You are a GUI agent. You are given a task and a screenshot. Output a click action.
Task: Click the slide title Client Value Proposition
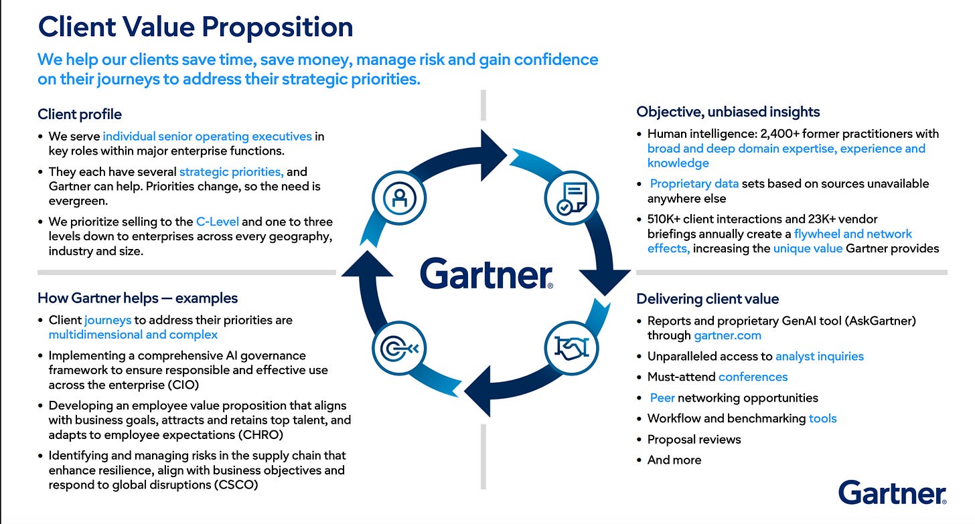[x=196, y=27]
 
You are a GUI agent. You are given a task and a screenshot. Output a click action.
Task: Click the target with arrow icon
[x=400, y=348]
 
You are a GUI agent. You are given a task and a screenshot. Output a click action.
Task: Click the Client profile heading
[x=80, y=114]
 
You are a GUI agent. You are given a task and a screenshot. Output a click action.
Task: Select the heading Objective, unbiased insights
[x=728, y=112]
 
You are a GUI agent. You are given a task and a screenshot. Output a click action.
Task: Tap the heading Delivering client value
[x=708, y=299]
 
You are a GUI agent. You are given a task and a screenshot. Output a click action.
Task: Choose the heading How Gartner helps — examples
[x=137, y=298]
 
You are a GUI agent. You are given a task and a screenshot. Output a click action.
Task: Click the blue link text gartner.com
[x=727, y=335]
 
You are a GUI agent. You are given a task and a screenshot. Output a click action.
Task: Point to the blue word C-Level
[x=218, y=222]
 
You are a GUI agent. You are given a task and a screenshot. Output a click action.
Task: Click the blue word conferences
[x=753, y=377]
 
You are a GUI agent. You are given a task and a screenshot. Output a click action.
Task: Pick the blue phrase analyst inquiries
[x=820, y=356]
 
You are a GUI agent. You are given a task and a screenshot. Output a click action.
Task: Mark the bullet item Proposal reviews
[x=694, y=440]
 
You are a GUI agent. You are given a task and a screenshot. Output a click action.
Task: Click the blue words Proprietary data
[x=694, y=183]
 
